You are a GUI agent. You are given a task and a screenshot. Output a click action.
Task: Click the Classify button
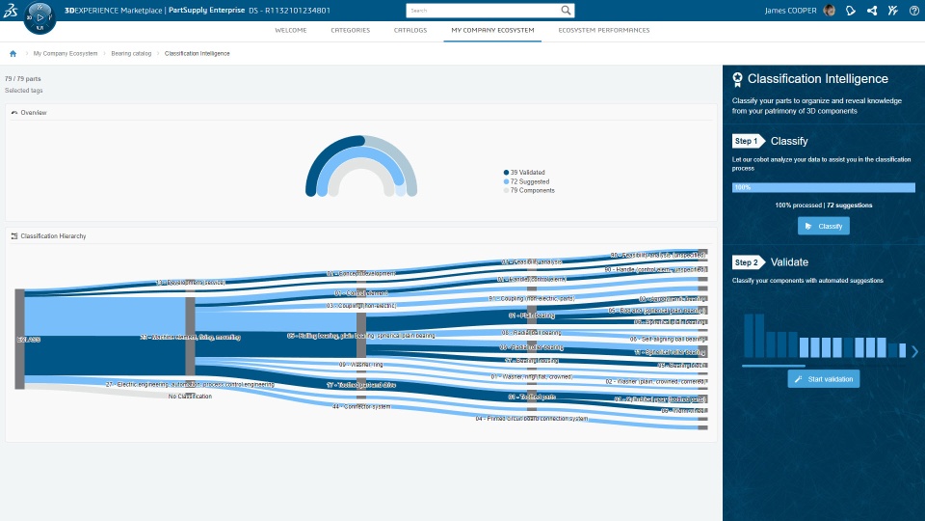824,226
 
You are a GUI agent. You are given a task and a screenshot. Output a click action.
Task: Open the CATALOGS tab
410,30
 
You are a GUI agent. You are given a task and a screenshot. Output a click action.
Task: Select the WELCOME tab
291,30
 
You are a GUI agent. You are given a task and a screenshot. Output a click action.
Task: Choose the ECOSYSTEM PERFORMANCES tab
604,30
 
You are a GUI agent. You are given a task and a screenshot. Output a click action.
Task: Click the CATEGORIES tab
350,30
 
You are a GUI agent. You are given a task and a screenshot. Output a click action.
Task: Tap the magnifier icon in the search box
567,11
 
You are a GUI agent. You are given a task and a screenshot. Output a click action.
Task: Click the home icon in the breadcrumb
13,53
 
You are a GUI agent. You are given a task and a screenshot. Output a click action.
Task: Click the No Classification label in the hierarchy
190,396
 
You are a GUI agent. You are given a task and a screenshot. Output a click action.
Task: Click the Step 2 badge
748,262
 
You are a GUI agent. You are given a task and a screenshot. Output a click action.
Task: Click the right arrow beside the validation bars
913,351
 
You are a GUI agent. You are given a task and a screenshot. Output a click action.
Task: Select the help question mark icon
913,11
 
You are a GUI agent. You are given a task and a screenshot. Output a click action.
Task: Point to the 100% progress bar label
742,187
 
